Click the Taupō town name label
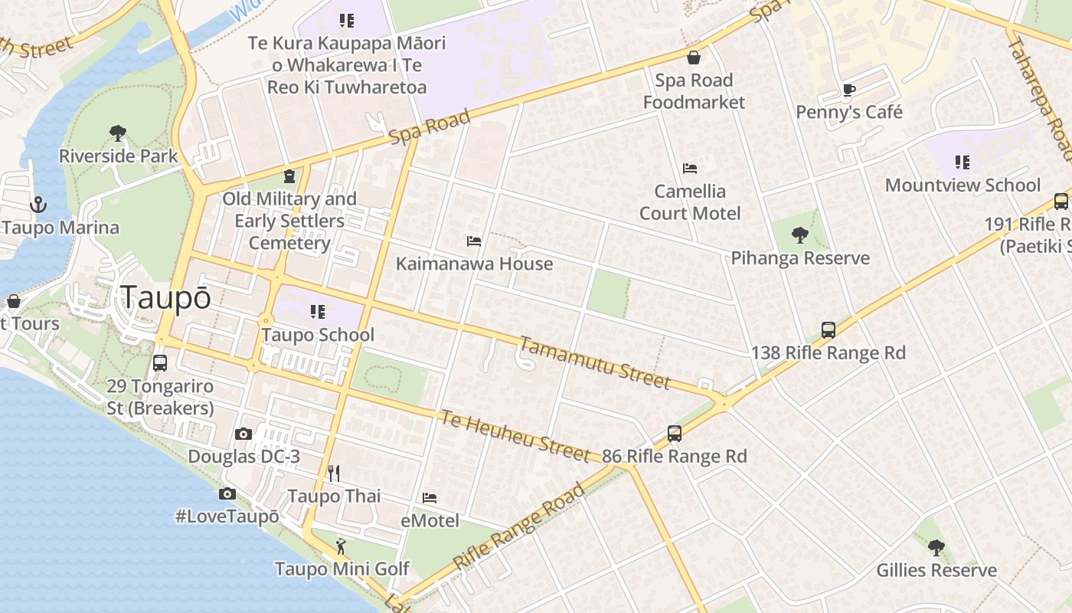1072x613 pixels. click(x=165, y=298)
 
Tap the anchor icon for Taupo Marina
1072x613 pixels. click(x=38, y=205)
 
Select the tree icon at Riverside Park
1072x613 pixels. click(x=117, y=133)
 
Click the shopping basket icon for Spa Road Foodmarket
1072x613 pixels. click(x=694, y=57)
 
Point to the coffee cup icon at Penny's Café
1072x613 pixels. click(x=848, y=90)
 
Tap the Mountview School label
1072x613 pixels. click(x=963, y=185)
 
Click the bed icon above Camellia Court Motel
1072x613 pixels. click(x=690, y=169)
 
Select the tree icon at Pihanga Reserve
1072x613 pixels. click(x=800, y=235)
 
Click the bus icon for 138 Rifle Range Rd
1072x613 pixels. click(x=828, y=330)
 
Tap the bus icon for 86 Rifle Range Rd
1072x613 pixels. click(x=674, y=434)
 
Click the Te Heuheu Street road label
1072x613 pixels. click(x=515, y=436)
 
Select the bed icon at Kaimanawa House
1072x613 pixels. click(x=474, y=241)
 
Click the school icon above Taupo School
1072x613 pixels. click(x=317, y=312)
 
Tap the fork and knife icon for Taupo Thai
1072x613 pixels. click(x=333, y=474)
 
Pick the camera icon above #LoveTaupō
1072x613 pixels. click(x=227, y=493)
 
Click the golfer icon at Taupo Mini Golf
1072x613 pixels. click(x=341, y=546)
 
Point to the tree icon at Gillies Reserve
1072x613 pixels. click(x=936, y=547)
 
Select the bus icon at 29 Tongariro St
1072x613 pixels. click(x=159, y=363)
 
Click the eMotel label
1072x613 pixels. click(x=430, y=521)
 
